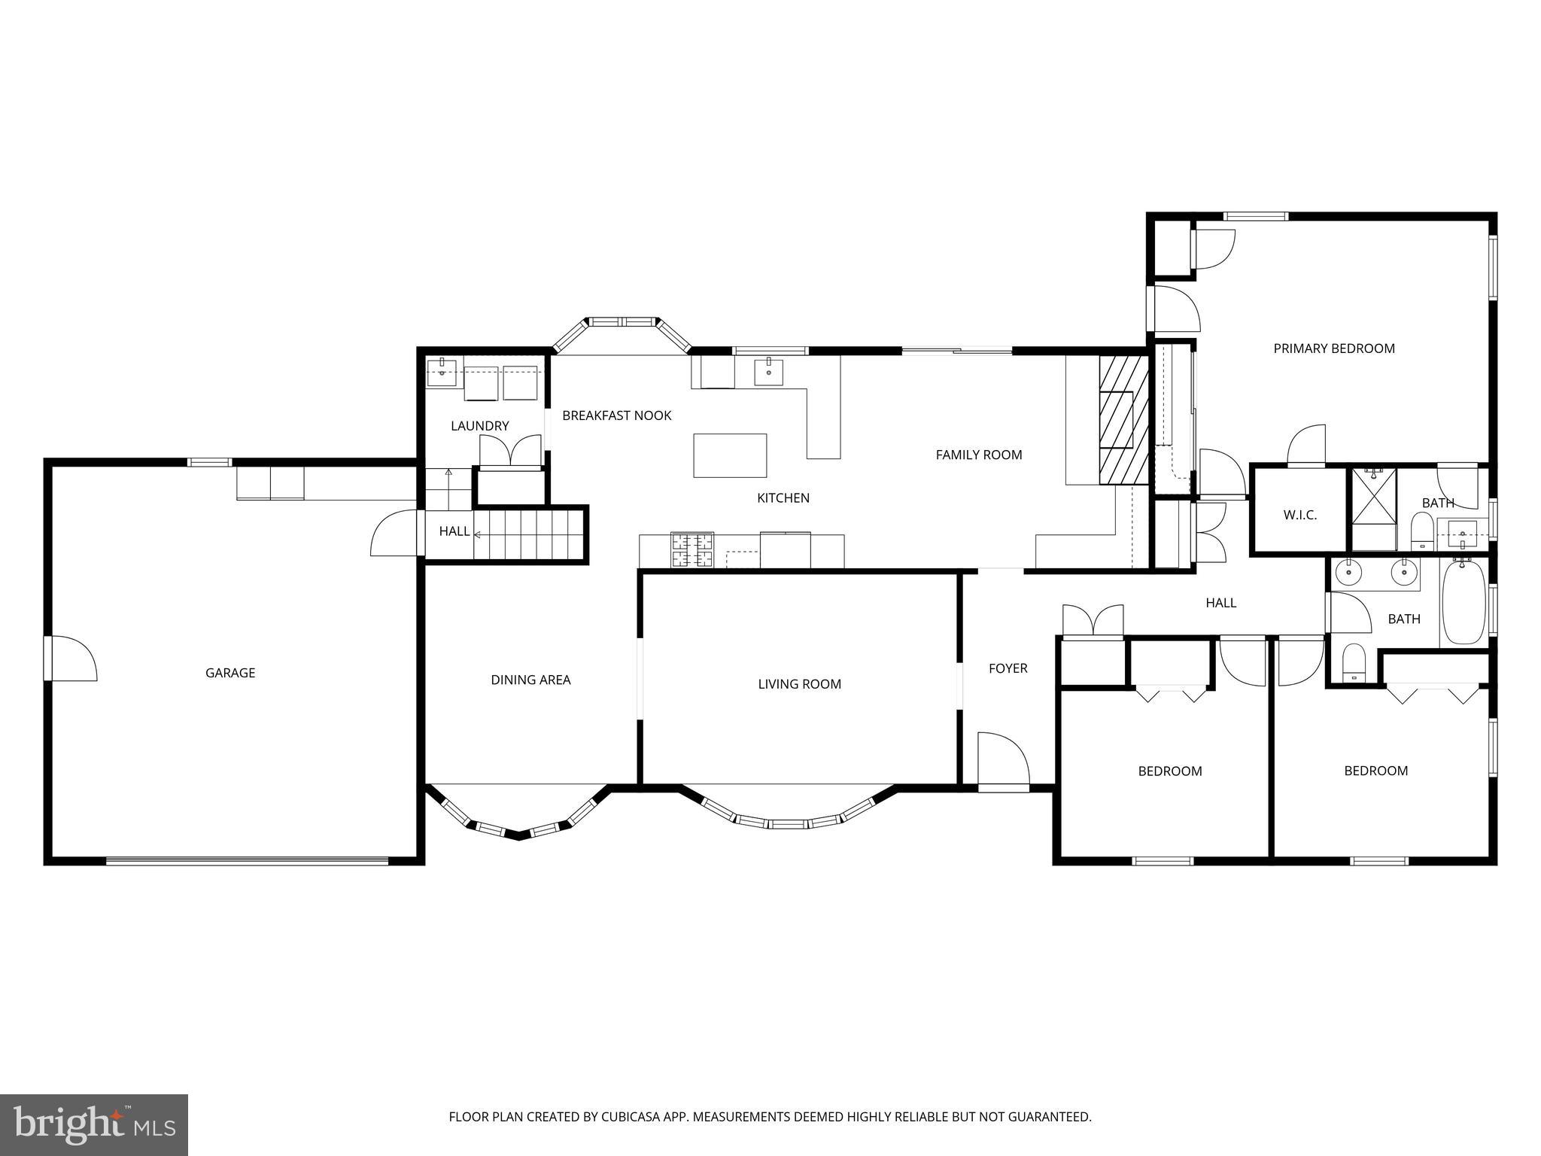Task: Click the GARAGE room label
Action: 230,673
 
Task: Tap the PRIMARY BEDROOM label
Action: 1333,348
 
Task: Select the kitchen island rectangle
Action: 730,455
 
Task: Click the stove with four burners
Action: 692,549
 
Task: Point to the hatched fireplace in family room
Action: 1123,420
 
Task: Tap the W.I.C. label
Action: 1299,516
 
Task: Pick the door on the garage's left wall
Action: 70,659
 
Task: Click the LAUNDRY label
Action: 480,426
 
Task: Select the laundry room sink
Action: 442,372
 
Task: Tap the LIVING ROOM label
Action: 799,684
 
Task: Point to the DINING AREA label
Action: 530,680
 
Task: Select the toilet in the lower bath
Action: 1354,662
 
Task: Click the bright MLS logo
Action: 94,1124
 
